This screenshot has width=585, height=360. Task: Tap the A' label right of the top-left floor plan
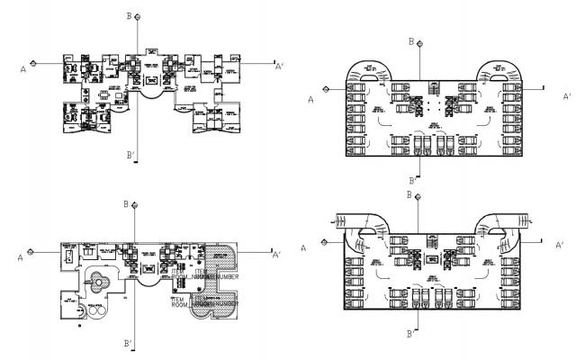click(279, 66)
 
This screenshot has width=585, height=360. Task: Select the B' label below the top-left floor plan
click(131, 156)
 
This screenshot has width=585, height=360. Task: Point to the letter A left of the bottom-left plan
click(19, 258)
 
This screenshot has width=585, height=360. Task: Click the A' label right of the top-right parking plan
click(567, 95)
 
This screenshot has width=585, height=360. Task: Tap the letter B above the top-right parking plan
click(411, 41)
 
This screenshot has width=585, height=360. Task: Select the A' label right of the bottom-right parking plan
click(560, 245)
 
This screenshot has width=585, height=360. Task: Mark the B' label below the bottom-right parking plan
click(410, 333)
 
